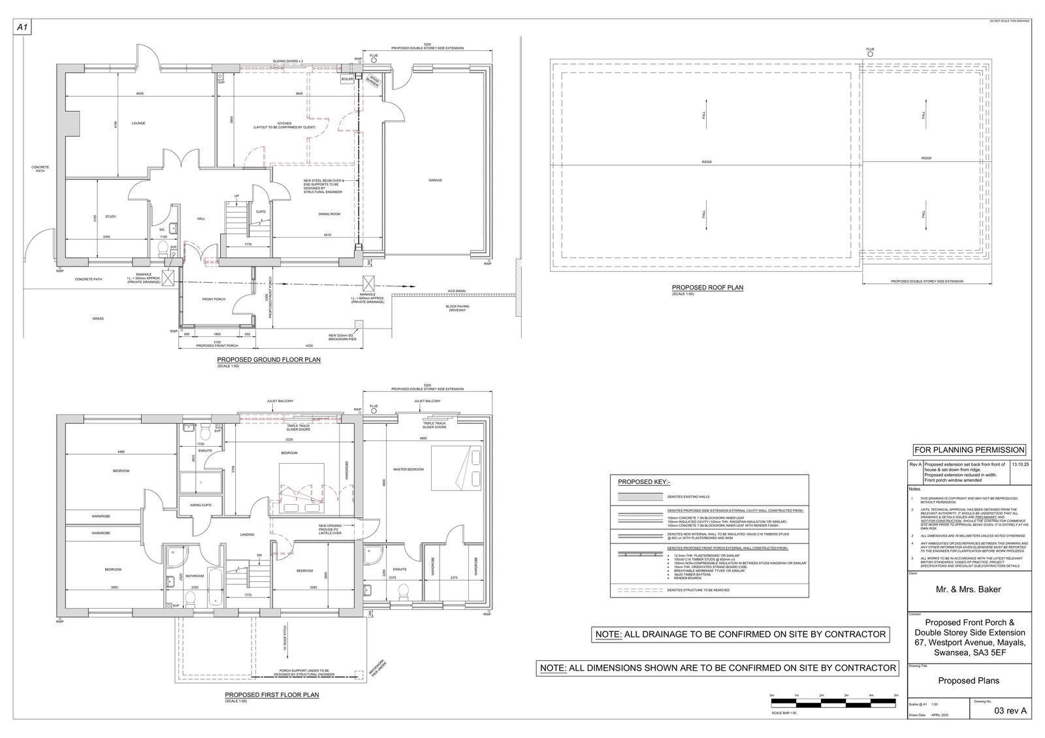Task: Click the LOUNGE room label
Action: pos(138,123)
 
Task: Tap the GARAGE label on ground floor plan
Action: pos(436,180)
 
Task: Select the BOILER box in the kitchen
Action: pos(347,79)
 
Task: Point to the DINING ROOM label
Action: pos(330,214)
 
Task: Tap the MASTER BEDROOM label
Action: pos(409,469)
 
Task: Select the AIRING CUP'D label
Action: pos(200,505)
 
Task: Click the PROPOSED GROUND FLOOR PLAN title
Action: pos(268,360)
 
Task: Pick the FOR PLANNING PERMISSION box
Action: pos(969,450)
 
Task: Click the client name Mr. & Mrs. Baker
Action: pos(969,589)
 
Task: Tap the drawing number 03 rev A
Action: pos(1010,711)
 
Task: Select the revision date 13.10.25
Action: pos(1020,464)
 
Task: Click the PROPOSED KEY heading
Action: pos(644,482)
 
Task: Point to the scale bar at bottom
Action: pos(834,703)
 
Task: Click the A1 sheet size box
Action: pos(22,27)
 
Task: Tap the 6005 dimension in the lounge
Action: pos(140,94)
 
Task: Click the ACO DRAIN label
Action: pos(457,291)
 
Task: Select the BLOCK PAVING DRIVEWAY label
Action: pos(457,308)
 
